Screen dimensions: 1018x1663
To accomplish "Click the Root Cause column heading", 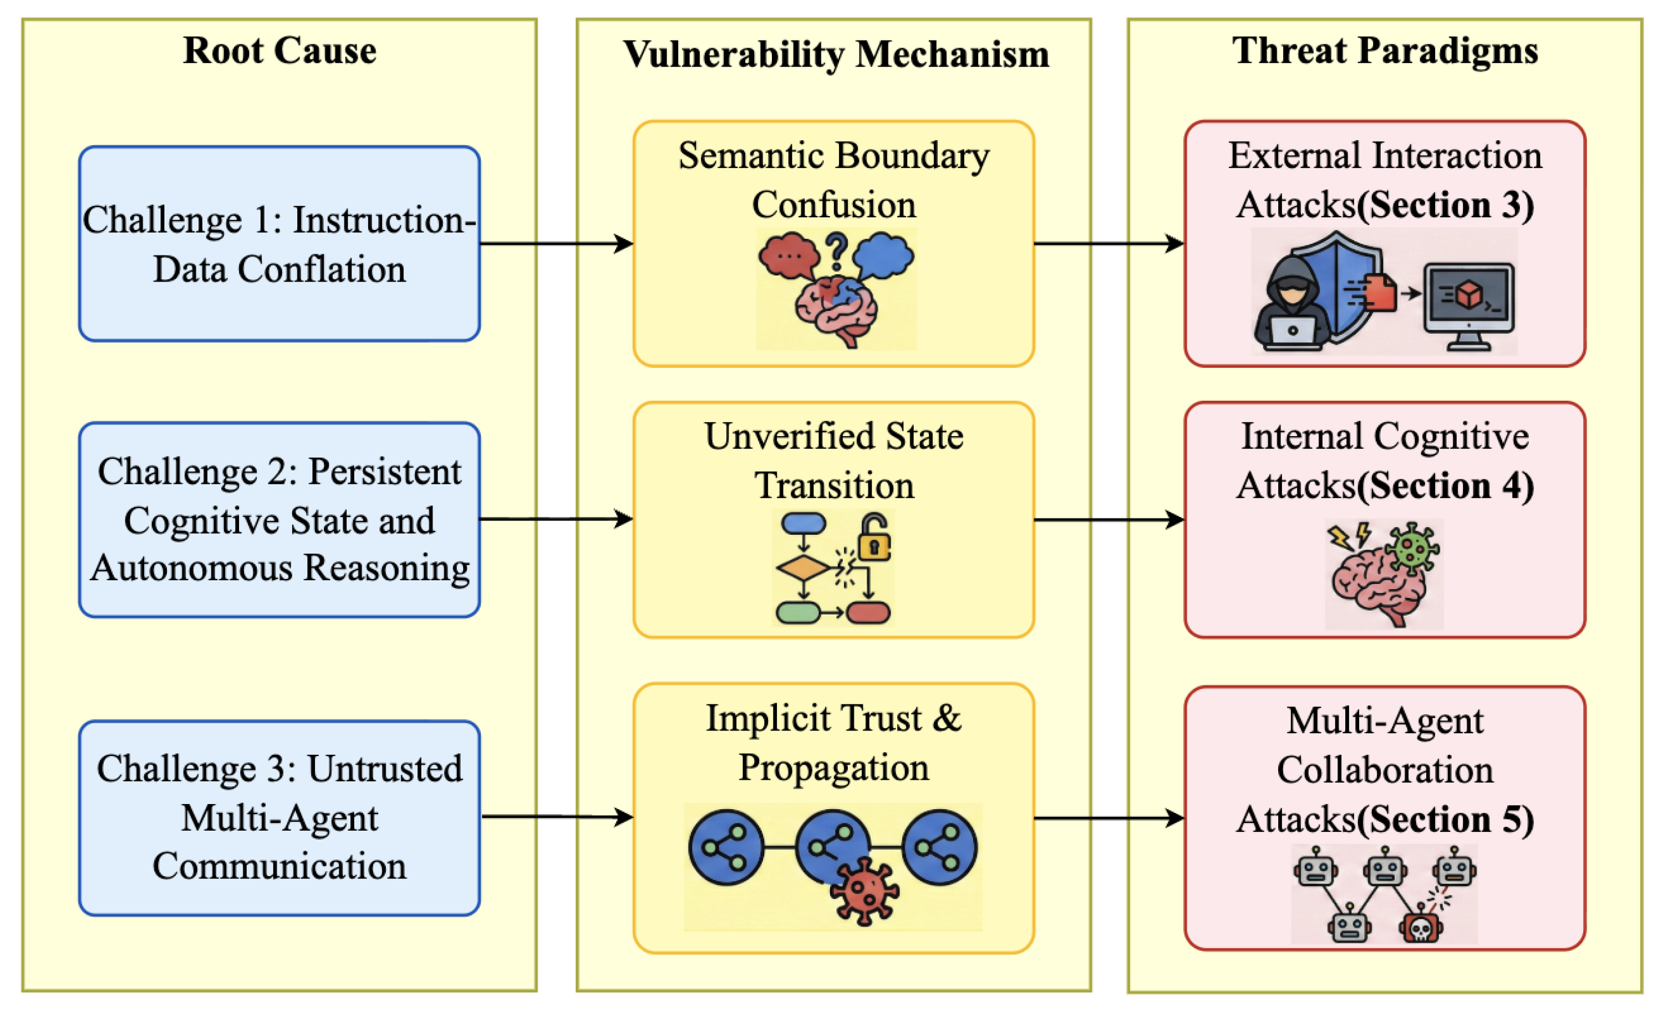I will coord(279,50).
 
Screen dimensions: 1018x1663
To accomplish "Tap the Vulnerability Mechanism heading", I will coord(835,54).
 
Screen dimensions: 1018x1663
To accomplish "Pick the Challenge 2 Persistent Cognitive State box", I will coord(279,519).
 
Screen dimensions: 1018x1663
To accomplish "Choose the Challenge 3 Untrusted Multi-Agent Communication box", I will coord(279,817).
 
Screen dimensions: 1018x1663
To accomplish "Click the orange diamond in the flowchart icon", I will coord(803,568).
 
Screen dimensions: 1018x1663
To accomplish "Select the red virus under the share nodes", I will coord(864,891).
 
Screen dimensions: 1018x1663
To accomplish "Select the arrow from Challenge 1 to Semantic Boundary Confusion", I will coord(556,243).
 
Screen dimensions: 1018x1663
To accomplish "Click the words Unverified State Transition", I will coord(833,460).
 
